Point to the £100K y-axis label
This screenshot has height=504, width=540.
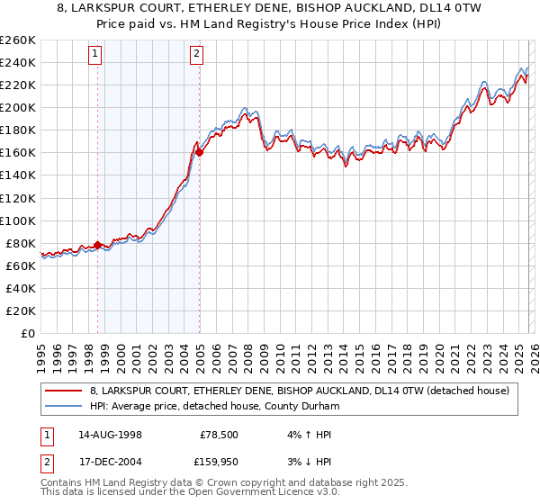tap(18, 220)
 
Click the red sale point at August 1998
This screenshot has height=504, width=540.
tap(98, 244)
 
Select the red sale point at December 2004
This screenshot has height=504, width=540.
tap(199, 152)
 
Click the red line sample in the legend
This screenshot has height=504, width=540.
tap(65, 391)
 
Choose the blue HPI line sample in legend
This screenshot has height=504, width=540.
tap(65, 406)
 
